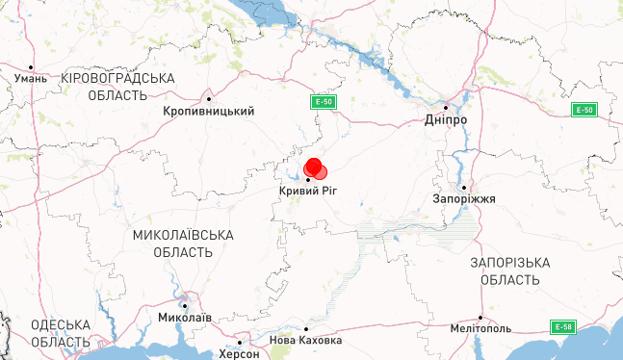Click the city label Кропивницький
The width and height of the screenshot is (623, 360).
pyautogui.click(x=209, y=112)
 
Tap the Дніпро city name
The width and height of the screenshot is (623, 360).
pyautogui.click(x=446, y=120)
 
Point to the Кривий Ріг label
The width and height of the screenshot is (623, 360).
pyautogui.click(x=308, y=193)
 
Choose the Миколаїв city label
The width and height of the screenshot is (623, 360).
pyautogui.click(x=184, y=318)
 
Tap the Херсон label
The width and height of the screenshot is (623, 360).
pyautogui.click(x=239, y=353)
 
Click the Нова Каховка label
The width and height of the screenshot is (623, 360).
pyautogui.click(x=305, y=341)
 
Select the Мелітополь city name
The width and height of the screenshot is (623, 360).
pyautogui.click(x=480, y=329)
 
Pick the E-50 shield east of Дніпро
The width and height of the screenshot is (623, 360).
pyautogui.click(x=584, y=110)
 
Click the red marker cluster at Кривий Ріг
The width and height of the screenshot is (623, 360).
pyautogui.click(x=315, y=169)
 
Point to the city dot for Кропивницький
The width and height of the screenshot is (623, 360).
pyautogui.click(x=209, y=98)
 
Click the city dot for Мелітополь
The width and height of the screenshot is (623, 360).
pyautogui.click(x=480, y=317)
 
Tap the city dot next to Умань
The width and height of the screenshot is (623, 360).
pyautogui.click(x=51, y=78)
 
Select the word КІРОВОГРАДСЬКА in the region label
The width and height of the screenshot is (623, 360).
pyautogui.click(x=117, y=78)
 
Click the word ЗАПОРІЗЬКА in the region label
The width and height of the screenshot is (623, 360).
pyautogui.click(x=510, y=263)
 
